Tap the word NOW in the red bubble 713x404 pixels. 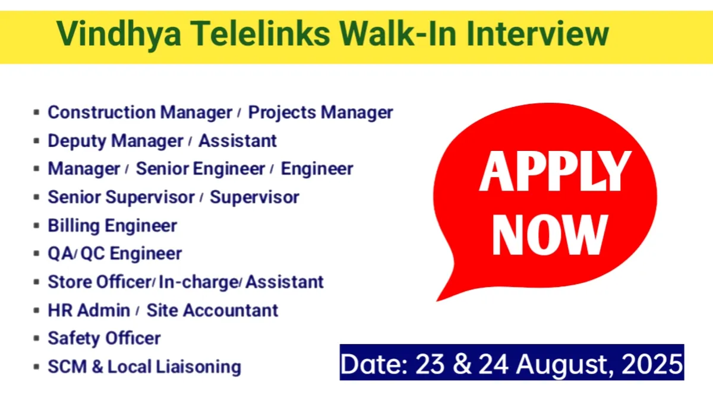(x=550, y=234)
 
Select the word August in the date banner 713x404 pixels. (x=559, y=362)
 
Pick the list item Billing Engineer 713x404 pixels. (x=112, y=226)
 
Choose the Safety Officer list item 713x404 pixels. (x=104, y=339)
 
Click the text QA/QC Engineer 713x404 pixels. (x=115, y=254)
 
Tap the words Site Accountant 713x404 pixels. (x=212, y=310)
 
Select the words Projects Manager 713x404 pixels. (x=320, y=112)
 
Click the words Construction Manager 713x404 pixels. (x=140, y=112)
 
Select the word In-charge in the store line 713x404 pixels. (x=198, y=282)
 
